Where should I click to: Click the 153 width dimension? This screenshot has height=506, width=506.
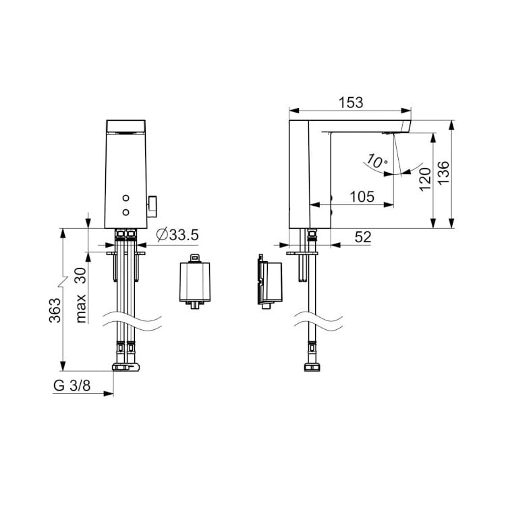pos(350,103)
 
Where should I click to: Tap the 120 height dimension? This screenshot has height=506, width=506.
pos(424,179)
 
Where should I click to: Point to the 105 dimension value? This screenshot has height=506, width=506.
pos(362,196)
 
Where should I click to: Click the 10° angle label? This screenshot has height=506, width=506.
pos(376,162)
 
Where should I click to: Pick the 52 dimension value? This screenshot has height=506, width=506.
pos(362,237)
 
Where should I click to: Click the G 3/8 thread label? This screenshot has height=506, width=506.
pos(71,387)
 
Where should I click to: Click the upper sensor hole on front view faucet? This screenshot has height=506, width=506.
pos(126,199)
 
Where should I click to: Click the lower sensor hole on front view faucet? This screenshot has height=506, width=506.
pos(126,213)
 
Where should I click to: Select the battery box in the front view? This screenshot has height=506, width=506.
pos(194,283)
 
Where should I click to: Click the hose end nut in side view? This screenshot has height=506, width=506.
pos(312,368)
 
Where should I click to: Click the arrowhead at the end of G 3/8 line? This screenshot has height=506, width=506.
pos(109,394)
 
